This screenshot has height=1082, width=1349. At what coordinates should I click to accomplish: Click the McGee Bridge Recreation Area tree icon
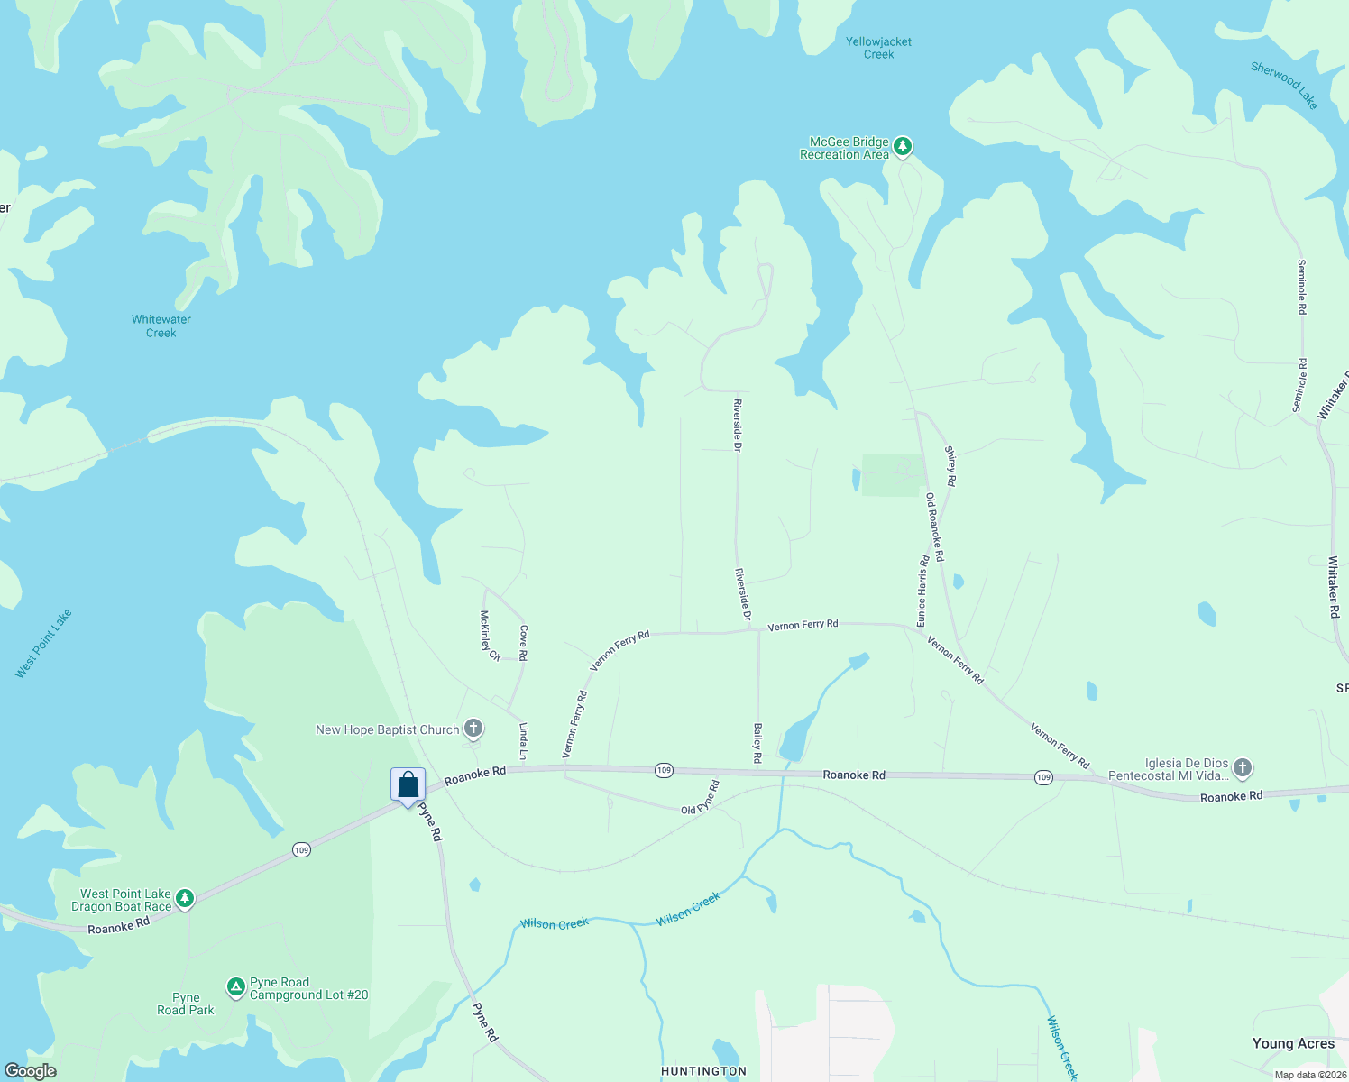(902, 146)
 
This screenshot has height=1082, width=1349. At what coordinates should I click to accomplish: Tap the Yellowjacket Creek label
(878, 48)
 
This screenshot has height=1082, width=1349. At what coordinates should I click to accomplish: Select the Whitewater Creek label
(161, 326)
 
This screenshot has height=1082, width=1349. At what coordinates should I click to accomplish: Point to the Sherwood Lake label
(1284, 85)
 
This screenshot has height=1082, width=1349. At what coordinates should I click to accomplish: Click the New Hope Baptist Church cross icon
(473, 729)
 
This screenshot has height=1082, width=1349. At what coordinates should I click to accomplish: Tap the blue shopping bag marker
(408, 784)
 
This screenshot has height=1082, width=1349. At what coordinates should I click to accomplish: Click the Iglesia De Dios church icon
(1242, 768)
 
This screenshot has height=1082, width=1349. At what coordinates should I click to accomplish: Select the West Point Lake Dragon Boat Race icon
(185, 898)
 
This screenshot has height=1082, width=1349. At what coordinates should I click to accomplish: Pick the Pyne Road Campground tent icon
(235, 988)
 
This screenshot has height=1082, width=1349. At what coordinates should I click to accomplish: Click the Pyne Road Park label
(186, 1004)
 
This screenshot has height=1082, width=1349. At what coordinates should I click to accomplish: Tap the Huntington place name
(703, 1071)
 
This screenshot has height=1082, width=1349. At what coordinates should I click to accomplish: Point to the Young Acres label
(1293, 1043)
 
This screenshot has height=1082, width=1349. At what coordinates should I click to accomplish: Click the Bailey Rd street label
(757, 743)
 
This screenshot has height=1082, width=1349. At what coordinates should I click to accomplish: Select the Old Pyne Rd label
(701, 797)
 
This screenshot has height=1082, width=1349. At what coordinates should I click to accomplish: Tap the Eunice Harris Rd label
(922, 591)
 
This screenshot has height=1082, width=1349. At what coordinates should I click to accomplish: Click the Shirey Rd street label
(950, 465)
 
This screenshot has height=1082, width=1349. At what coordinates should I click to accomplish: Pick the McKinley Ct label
(490, 635)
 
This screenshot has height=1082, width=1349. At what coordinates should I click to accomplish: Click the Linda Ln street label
(523, 740)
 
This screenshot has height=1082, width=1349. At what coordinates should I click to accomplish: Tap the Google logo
(31, 1071)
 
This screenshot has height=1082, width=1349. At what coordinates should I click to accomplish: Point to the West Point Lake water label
(43, 644)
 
